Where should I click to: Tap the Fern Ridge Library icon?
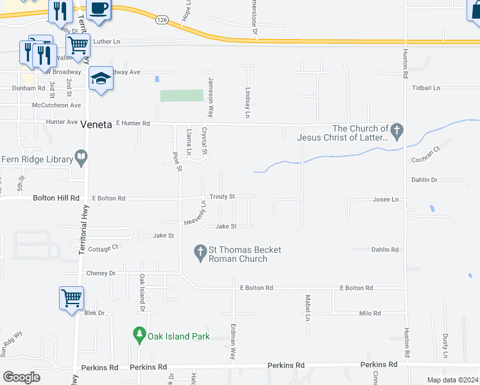tap(81, 156)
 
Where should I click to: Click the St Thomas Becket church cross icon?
tap(200, 252)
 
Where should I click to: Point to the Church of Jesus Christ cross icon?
tap(397, 132)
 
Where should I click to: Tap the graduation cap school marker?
tap(101, 78)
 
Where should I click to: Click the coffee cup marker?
tap(99, 8)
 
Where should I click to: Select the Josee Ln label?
tap(386, 200)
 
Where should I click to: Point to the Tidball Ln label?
tap(427, 87)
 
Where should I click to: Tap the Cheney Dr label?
tap(101, 273)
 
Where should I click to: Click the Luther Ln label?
tap(107, 41)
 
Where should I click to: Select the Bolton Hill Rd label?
tap(56, 199)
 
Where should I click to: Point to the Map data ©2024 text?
tap(452, 380)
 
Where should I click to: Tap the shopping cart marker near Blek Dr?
tap(71, 298)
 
